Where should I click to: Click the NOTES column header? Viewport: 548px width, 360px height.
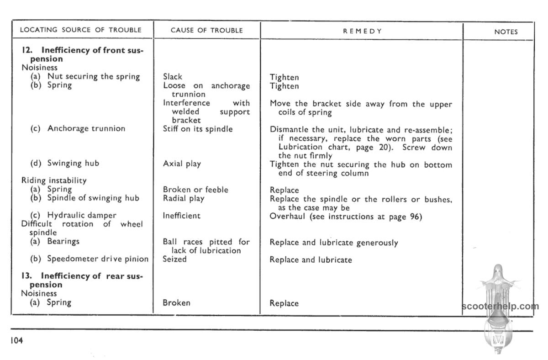coord(506,32)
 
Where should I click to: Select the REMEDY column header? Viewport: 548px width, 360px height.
coord(362,31)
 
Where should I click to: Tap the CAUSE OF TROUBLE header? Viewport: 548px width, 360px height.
coord(206,31)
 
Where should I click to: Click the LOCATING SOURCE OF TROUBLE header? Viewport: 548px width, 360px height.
coord(81,30)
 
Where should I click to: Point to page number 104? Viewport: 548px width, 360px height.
coord(15,340)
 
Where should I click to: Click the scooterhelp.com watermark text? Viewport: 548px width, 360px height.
coord(500,306)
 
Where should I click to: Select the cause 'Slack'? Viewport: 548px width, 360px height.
coord(173,77)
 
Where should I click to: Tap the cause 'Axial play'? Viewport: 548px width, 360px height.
coord(182,164)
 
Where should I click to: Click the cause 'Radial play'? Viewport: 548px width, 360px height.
coord(184,198)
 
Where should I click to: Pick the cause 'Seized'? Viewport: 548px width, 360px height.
coord(175,259)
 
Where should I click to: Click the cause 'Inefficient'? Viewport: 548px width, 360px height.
coord(182,216)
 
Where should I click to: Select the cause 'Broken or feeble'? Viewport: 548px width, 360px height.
coord(195,190)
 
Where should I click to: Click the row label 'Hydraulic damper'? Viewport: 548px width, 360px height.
coord(82,215)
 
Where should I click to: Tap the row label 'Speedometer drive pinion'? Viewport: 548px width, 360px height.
coord(98,259)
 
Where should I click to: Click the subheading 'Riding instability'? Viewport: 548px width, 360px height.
coord(54,180)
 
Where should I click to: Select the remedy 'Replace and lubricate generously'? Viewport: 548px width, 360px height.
coord(334,243)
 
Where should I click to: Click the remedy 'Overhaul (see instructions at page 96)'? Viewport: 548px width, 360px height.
coord(346,216)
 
